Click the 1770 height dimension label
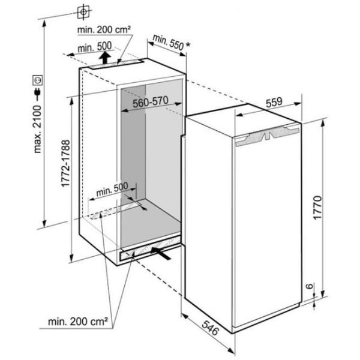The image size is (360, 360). [317, 208]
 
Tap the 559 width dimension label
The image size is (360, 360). [274, 103]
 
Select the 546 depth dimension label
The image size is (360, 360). [209, 328]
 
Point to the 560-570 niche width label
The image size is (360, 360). [151, 102]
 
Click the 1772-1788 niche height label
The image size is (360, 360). [65, 163]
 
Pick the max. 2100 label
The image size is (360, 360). [37, 129]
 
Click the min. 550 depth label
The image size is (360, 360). [168, 43]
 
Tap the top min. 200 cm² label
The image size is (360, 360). [104, 29]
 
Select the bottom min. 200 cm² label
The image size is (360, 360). [78, 322]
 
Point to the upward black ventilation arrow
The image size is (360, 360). [104, 58]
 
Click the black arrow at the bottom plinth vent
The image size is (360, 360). [161, 253]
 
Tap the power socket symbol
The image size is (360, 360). [37, 80]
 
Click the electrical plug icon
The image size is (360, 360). [37, 94]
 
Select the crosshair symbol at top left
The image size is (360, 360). [83, 11]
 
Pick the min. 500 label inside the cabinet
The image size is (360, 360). [112, 189]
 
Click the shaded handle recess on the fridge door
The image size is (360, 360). [268, 136]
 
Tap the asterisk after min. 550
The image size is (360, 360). [188, 45]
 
